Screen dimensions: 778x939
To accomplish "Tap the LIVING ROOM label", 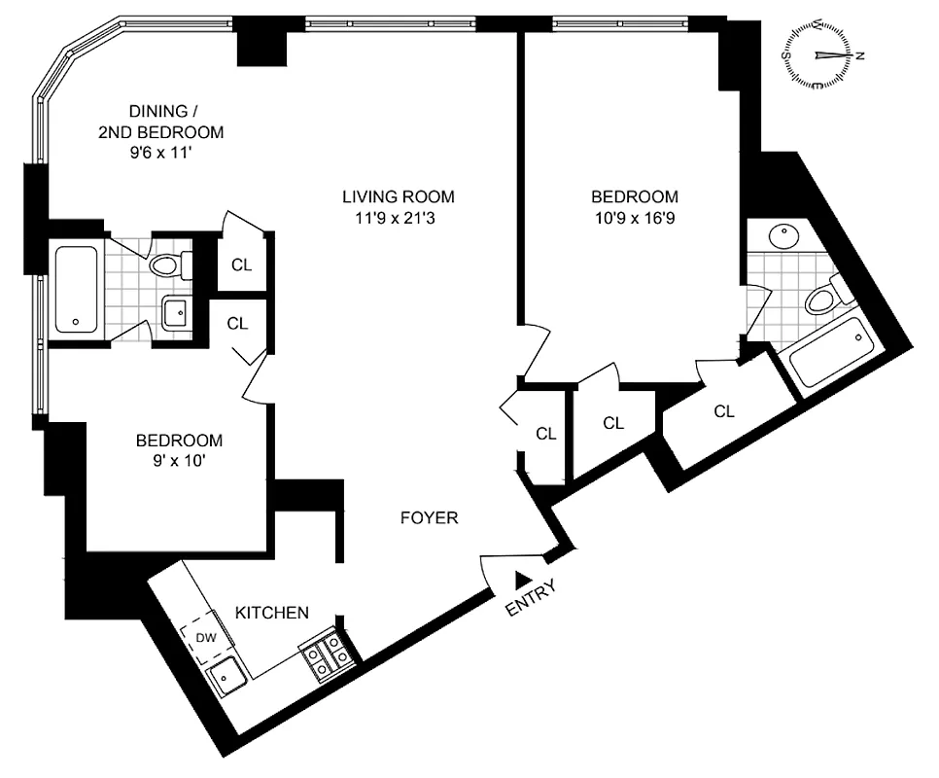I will point(398,196).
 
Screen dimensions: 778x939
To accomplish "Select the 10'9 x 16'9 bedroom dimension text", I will point(638,218).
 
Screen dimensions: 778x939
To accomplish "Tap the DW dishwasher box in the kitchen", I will point(205,638).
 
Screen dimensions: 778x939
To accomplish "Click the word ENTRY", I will point(532,599).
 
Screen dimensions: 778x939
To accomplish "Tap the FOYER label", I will point(429,518).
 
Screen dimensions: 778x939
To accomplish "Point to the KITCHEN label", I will point(272,613).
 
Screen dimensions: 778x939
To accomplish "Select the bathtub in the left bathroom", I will point(75,290).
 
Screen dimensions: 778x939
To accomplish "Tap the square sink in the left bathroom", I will point(176,313).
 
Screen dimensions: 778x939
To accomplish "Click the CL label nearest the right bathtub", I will point(723,411).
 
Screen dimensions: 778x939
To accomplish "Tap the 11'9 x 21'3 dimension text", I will point(398,218).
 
